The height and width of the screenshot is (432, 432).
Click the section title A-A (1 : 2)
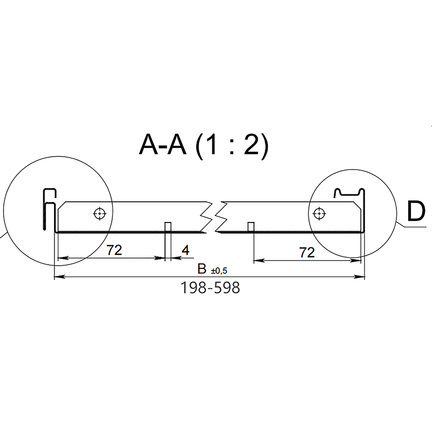pos(204,145)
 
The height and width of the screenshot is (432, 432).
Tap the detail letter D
pos(416,211)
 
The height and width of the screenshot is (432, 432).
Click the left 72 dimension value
pos(114,250)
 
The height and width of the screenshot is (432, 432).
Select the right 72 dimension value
pos(307,252)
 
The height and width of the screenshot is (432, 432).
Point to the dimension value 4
pos(186,250)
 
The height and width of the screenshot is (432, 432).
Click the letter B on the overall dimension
pos(202,269)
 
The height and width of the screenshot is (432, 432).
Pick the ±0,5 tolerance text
pos(219,271)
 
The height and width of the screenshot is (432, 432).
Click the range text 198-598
pos(210,288)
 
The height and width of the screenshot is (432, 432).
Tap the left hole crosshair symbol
pos(100,213)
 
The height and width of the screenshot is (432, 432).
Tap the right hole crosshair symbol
pos(319,213)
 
